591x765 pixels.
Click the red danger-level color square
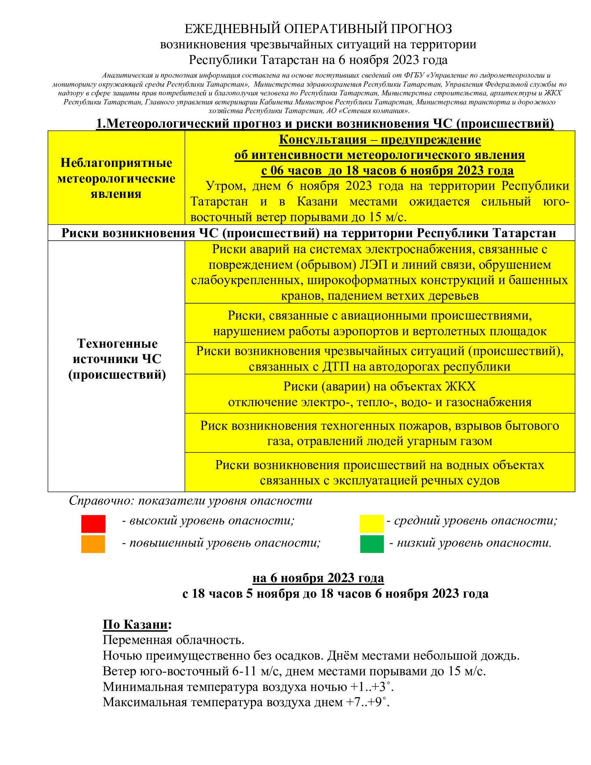coord(93,524)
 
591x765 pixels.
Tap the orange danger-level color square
coord(93,544)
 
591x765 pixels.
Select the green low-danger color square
coord(372,544)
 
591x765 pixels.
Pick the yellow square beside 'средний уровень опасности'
coord(372,524)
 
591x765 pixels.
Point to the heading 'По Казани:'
coord(137,624)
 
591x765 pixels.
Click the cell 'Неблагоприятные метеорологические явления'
coord(116,178)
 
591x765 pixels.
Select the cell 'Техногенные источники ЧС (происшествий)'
coord(117,359)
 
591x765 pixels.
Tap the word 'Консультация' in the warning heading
coord(323,140)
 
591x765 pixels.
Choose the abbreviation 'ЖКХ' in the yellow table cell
coord(460,386)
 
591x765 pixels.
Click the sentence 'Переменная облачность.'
coord(173,640)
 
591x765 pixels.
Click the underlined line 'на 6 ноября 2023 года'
coord(318,578)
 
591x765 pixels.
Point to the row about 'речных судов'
coord(380,473)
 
